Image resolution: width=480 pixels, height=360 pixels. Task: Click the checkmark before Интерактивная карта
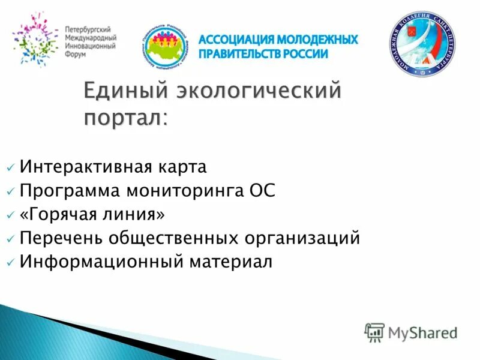11,167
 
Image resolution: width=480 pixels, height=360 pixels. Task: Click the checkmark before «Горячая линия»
11,215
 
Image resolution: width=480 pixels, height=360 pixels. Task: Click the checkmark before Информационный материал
11,263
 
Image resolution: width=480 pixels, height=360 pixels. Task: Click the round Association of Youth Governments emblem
166,46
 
